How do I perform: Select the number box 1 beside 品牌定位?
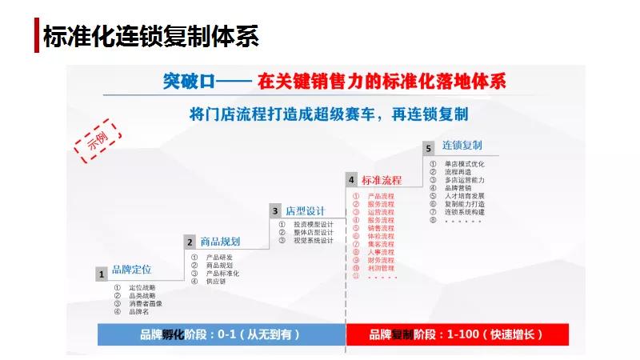pos(102,274)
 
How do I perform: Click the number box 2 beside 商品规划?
pos(190,242)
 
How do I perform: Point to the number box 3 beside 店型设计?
pos(275,211)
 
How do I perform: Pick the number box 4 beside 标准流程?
pos(351,180)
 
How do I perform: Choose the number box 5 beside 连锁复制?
pos(429,148)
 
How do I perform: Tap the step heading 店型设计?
pos(306,211)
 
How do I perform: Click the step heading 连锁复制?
pos(462,146)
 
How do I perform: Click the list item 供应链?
pos(216,281)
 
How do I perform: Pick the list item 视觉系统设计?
pos(312,240)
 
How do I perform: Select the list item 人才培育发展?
pos(465,196)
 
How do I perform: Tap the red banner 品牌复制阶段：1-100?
pos(456,334)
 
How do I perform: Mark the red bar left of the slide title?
pos(36,36)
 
